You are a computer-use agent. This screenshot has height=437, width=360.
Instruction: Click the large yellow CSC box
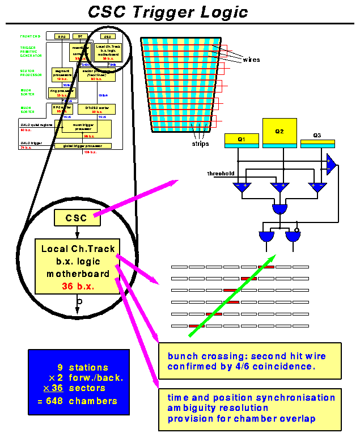76,217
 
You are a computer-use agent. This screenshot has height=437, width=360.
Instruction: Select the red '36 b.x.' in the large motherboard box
78,287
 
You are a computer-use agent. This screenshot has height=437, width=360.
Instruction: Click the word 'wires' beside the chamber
251,59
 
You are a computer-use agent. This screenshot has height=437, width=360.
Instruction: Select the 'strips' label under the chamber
200,144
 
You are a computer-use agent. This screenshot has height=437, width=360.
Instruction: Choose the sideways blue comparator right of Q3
331,165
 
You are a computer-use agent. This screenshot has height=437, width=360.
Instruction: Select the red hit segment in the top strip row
266,266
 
